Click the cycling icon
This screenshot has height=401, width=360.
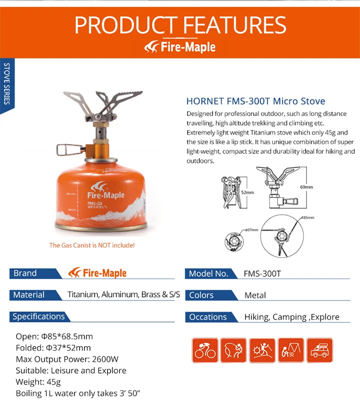[205, 350]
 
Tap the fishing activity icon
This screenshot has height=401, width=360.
[233, 350]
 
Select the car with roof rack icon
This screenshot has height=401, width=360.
[319, 350]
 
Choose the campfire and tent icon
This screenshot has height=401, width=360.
[291, 350]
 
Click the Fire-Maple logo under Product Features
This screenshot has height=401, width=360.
[180, 47]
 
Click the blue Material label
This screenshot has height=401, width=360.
[29, 295]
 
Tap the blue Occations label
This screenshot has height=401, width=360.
[208, 317]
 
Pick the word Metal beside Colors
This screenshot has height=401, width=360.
[255, 295]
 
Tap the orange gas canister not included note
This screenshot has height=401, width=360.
[91, 245]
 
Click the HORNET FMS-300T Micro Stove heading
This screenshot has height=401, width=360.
[255, 101]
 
